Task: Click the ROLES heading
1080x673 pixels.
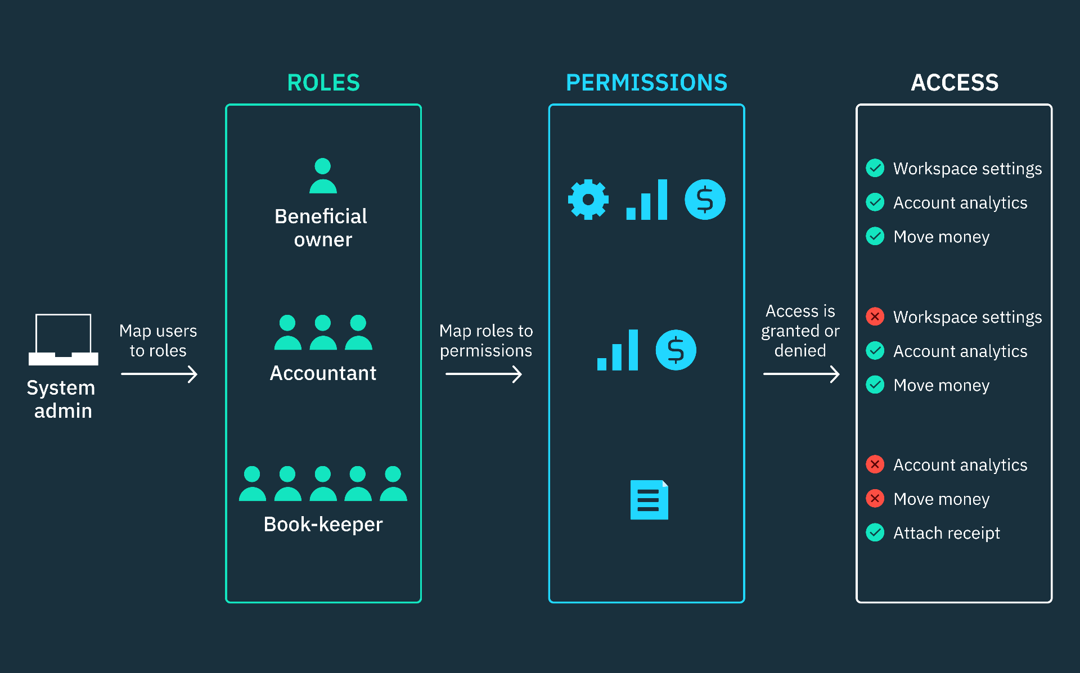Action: click(x=323, y=83)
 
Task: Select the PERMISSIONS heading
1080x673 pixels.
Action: click(x=646, y=83)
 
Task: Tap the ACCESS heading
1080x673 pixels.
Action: click(x=954, y=83)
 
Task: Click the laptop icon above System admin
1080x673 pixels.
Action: click(x=64, y=340)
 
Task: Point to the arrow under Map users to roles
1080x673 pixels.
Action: click(x=159, y=374)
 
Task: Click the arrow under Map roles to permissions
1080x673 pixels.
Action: click(x=484, y=374)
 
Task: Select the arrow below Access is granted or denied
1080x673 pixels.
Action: click(x=801, y=374)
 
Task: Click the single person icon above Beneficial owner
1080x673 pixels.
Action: click(x=323, y=176)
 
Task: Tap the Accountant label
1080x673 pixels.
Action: click(x=323, y=373)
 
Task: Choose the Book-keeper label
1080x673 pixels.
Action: click(x=323, y=524)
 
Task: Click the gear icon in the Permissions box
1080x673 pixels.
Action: click(x=588, y=200)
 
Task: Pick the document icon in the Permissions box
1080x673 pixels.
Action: click(x=649, y=499)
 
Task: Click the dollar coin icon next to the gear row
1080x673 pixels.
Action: click(x=705, y=200)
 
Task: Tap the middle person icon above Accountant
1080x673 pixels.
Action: click(x=323, y=332)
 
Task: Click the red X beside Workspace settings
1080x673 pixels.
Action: click(x=875, y=317)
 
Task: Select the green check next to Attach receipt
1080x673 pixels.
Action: click(x=875, y=532)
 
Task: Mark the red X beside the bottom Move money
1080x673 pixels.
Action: click(x=875, y=498)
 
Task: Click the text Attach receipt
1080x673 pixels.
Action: click(x=946, y=532)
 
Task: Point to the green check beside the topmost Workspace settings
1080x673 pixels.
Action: click(x=875, y=168)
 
